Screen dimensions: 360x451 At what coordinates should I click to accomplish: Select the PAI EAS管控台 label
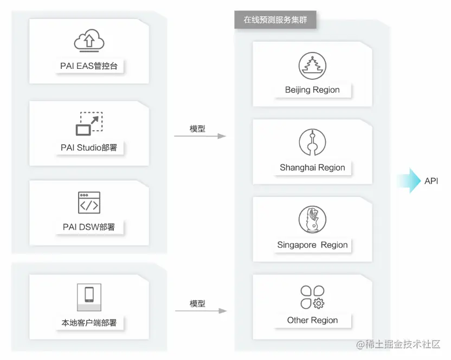tap(89, 67)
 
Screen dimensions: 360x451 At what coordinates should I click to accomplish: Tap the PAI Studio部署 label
tap(89, 147)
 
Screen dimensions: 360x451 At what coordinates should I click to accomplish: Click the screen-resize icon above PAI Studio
tap(89, 123)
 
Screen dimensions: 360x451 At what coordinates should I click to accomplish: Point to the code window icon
tap(89, 202)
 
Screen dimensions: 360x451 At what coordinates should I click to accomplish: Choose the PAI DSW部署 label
tap(89, 227)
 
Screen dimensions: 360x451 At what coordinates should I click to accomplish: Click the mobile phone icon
tap(89, 294)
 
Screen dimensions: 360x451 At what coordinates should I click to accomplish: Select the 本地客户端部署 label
tap(89, 323)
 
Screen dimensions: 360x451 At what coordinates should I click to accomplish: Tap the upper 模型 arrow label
tap(197, 128)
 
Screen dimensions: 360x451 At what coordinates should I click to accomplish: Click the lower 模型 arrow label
tap(197, 304)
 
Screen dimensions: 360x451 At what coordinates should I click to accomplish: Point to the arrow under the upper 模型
tap(199, 136)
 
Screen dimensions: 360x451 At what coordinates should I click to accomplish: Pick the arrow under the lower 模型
tap(199, 311)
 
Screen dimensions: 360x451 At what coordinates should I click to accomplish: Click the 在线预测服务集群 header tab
tap(275, 20)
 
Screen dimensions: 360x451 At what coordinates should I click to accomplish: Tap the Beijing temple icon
tap(312, 66)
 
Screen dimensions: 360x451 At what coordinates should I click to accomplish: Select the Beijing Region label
tap(312, 90)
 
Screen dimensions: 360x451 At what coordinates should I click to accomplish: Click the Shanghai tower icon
tap(312, 143)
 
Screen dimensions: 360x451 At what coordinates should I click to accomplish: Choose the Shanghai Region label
tap(312, 168)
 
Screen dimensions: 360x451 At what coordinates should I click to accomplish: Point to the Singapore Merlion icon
tap(312, 220)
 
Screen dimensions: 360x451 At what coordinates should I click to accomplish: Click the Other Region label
tap(312, 320)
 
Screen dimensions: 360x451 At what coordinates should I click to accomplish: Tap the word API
tap(431, 181)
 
